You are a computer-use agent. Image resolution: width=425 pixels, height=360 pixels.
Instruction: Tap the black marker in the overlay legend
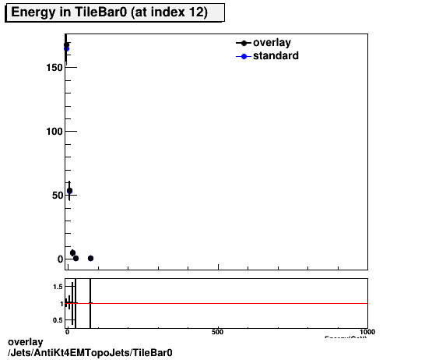pos(244,43)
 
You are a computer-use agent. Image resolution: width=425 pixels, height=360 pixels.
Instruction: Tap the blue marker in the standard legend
pos(244,56)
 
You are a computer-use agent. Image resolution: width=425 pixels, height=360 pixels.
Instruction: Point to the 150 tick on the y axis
pos(53,68)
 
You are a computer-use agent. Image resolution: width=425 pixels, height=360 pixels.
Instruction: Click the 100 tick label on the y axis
pos(53,132)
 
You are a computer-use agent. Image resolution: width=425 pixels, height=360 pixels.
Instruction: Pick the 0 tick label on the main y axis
pos(58,259)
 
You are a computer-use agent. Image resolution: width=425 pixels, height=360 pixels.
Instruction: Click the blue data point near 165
pos(67,48)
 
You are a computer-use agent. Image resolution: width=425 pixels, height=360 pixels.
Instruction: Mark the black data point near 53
pos(69,191)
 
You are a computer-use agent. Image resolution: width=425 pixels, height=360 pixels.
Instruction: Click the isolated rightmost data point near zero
pos(90,258)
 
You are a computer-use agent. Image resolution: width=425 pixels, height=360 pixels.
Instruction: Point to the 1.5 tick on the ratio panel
pos(57,287)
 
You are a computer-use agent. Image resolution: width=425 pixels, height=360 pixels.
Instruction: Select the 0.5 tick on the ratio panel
pos(57,320)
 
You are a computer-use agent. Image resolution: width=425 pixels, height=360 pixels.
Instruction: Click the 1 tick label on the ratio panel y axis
pos(60,304)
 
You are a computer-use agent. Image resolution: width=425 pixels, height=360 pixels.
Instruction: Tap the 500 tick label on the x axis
pos(218,332)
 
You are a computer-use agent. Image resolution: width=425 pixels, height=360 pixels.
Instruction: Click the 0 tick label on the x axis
pos(68,332)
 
